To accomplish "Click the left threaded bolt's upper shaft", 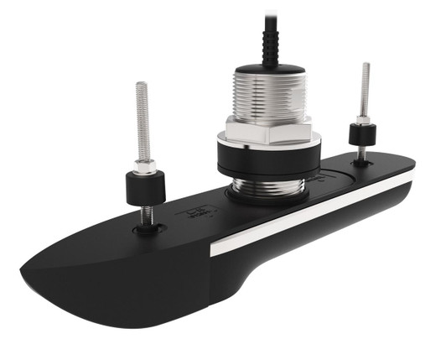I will (x=143, y=117).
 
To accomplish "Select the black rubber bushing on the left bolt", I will (x=144, y=189).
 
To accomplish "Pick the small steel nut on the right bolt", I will (x=364, y=121).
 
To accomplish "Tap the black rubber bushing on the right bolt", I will (x=363, y=136).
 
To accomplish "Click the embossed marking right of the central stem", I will (x=316, y=179).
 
